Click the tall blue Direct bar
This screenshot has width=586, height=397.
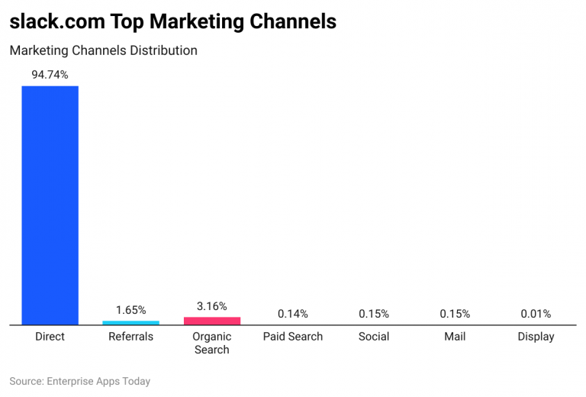tap(50, 205)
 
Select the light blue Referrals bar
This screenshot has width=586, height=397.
tap(130, 323)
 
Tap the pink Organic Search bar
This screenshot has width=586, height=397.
tap(211, 321)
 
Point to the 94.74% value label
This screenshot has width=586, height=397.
tap(50, 75)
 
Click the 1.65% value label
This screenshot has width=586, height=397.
tap(130, 310)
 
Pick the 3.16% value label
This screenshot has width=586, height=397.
tap(211, 306)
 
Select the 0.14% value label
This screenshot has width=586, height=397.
tap(293, 314)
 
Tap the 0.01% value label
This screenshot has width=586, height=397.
tap(536, 314)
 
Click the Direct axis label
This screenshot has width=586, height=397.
tap(50, 337)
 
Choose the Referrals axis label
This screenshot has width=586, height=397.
tap(130, 337)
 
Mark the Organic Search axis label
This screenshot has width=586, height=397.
tap(211, 343)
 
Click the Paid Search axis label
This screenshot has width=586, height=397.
tap(293, 337)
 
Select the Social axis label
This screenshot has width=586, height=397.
tap(374, 337)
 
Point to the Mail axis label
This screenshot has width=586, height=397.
tap(455, 337)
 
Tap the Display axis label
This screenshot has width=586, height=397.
tap(536, 337)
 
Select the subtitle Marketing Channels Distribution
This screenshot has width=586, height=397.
tap(103, 51)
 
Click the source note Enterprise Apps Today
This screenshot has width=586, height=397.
tap(79, 381)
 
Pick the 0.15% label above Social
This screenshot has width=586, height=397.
tap(374, 314)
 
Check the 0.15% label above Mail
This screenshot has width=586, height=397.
tap(455, 314)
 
